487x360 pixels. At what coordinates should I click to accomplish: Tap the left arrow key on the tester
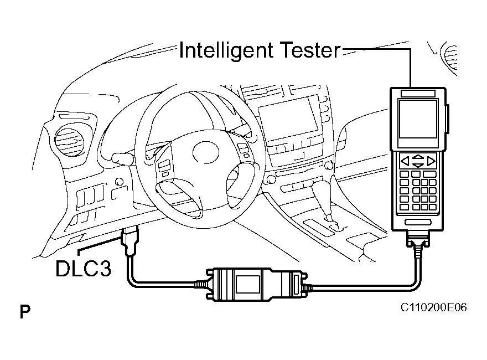[405, 162]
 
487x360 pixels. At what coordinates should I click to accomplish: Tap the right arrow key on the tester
[432, 162]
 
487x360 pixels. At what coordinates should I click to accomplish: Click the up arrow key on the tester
[418, 158]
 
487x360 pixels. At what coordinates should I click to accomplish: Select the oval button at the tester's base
[418, 222]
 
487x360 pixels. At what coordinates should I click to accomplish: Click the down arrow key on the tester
[418, 165]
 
